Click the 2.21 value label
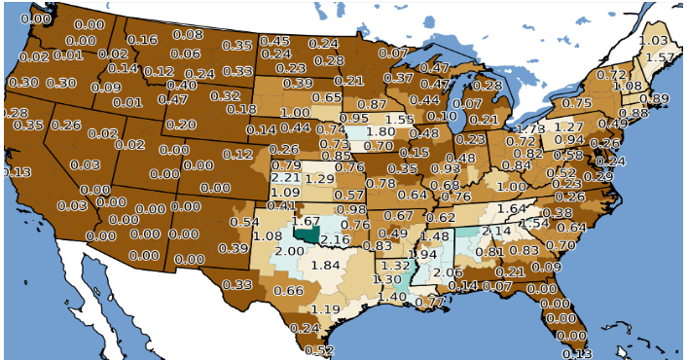click(x=285, y=178)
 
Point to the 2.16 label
click(x=335, y=239)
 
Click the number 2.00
click(x=289, y=251)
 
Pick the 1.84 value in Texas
click(x=326, y=266)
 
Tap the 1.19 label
click(x=326, y=309)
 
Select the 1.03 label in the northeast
click(x=653, y=40)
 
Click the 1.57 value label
click(x=660, y=57)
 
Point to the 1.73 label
click(x=530, y=128)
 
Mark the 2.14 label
click(x=496, y=231)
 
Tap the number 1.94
click(x=423, y=254)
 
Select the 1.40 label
click(x=392, y=296)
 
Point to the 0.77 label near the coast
click(x=429, y=302)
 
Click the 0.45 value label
click(x=274, y=41)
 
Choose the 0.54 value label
click(x=244, y=222)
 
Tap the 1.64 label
click(x=512, y=208)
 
